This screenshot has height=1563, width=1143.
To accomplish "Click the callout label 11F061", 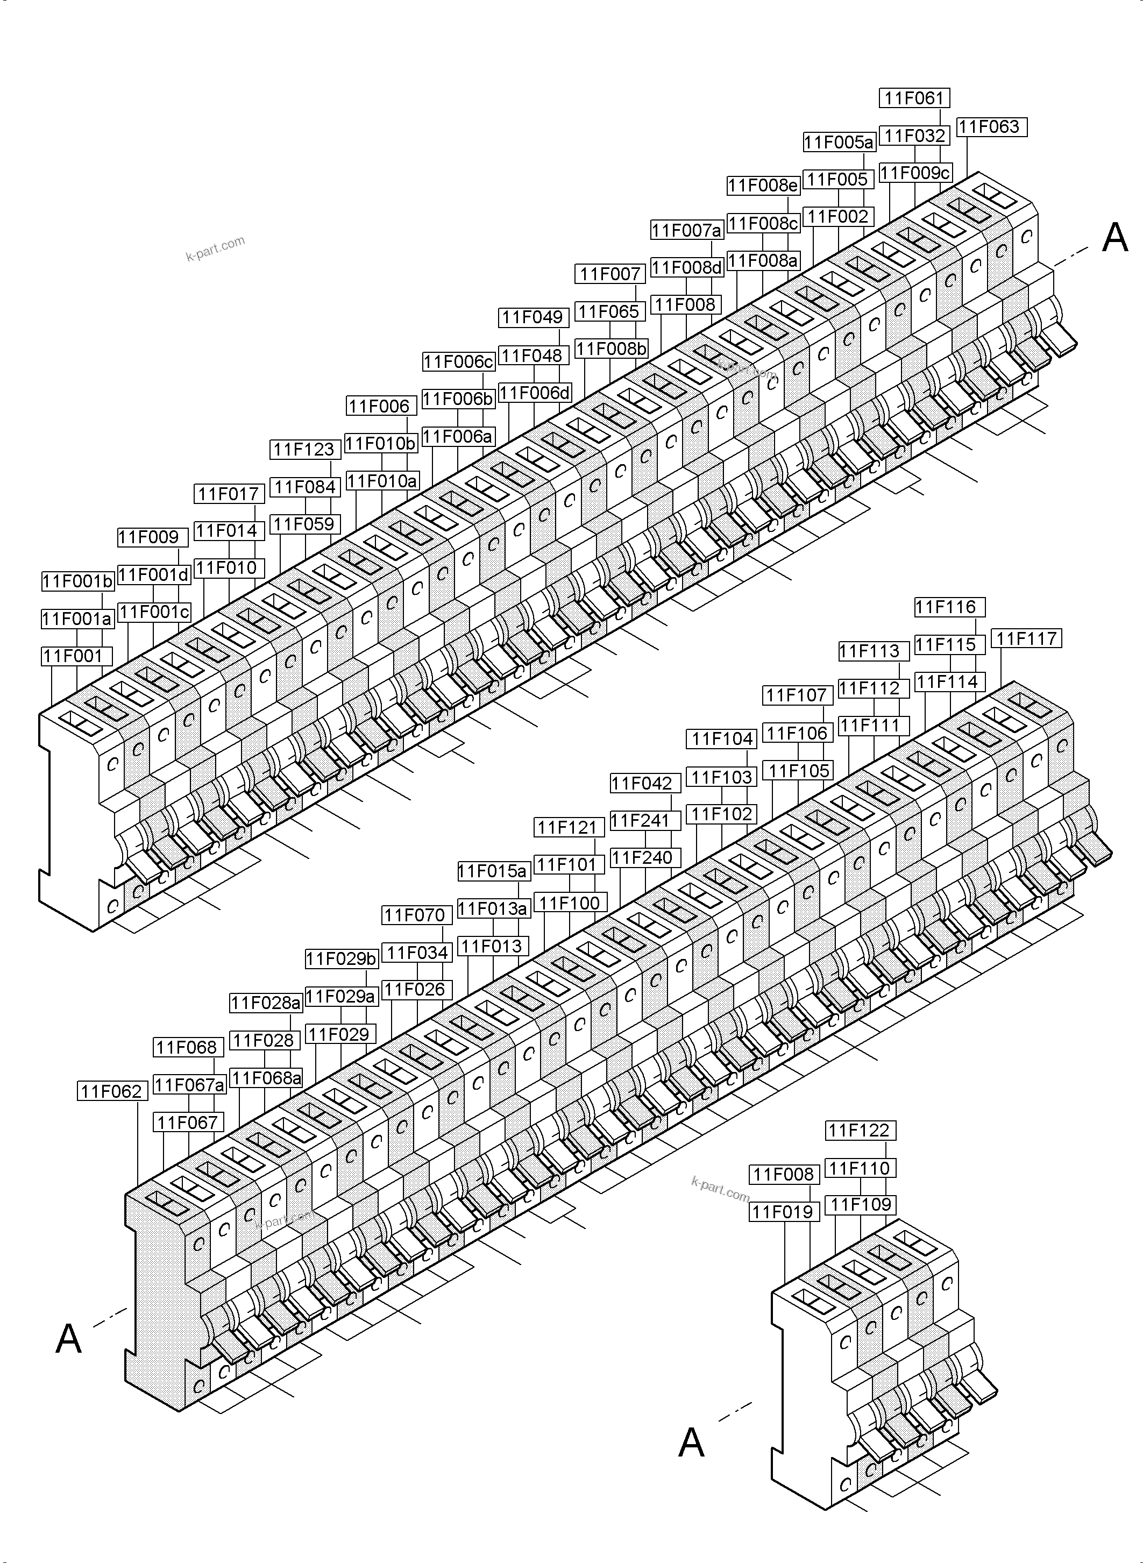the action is pos(914,98).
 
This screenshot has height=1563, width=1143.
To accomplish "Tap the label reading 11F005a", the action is pos(839,143).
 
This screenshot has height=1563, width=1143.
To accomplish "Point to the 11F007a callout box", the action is pos(686,230).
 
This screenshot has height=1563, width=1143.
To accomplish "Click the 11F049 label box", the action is pos(533,317).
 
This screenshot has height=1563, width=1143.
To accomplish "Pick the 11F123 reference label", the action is pos(304,450).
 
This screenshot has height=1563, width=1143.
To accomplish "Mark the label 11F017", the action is pos(228,494).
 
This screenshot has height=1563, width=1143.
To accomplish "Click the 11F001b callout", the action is pos(77,581).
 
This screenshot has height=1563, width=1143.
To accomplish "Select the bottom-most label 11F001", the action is pos(73,656).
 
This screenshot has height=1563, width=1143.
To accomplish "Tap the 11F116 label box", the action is pos(949,607).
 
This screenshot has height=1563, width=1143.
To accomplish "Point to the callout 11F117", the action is pos(1026,638).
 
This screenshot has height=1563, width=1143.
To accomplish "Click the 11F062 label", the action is pos(112,1091).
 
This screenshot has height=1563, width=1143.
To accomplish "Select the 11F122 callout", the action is pos(861,1131).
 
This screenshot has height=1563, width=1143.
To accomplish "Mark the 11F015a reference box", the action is pos(493,871).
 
